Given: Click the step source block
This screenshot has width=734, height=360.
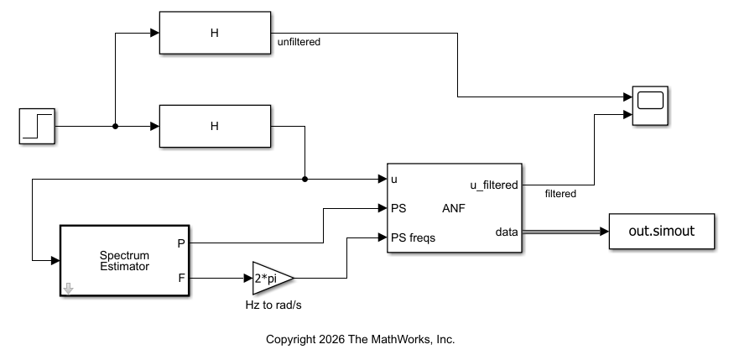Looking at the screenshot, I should coord(37,126).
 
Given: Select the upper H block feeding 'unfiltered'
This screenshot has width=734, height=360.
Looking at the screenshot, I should coord(214,34).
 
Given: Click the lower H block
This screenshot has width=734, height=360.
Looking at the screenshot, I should coord(214,126).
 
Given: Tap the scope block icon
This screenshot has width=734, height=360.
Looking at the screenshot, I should coord(650,106).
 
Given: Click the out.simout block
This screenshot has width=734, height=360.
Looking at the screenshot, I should coord(661,231).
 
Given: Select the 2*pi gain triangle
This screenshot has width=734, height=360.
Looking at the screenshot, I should coord(270,277).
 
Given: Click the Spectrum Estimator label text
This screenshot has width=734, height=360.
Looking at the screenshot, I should coord(124,261).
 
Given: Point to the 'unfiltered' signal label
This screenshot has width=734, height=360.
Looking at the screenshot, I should coord(299,41).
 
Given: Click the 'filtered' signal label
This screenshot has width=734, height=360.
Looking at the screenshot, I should coord(560,194).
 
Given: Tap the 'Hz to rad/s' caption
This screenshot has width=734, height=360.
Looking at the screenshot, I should coord(268,305).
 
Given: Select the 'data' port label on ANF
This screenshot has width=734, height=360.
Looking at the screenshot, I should coord(507,231).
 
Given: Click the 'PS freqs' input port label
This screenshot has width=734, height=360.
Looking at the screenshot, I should coord(413,237).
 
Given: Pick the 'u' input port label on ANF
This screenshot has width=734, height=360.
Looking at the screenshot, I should coord(394,179).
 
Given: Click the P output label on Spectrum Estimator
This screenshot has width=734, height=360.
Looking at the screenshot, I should coord(182,243).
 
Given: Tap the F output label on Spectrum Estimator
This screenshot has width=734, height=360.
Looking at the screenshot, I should coord(182,276).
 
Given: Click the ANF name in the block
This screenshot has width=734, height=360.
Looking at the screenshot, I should coord(453,208).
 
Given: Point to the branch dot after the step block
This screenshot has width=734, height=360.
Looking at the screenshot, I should coord(115,126).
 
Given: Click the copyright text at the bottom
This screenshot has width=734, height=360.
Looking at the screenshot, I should coord(360,340).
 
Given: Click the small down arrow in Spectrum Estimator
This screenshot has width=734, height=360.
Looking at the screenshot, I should coord(69,289).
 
